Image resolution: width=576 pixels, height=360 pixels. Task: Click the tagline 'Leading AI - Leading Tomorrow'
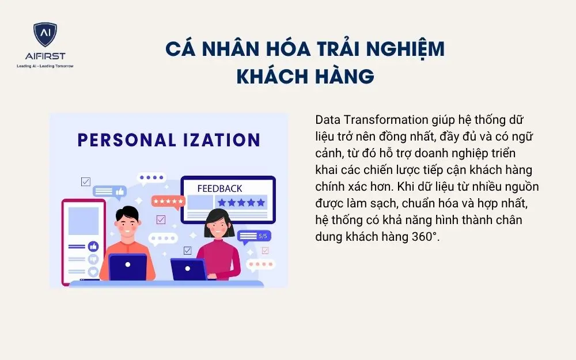click(x=45, y=66)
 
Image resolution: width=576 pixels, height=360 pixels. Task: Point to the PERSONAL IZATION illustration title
click(x=169, y=140)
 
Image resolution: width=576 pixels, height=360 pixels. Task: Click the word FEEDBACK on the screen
click(x=219, y=188)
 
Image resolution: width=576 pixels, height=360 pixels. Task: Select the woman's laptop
click(x=188, y=269)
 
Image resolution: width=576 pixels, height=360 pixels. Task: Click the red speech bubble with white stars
click(x=168, y=201)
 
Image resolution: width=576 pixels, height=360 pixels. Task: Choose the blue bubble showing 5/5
click(x=254, y=236)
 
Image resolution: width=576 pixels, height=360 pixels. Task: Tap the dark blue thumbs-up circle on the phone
click(x=93, y=246)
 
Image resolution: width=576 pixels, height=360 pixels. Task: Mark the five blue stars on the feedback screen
click(x=241, y=202)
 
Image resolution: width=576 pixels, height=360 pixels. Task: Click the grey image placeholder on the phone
click(x=84, y=221)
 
